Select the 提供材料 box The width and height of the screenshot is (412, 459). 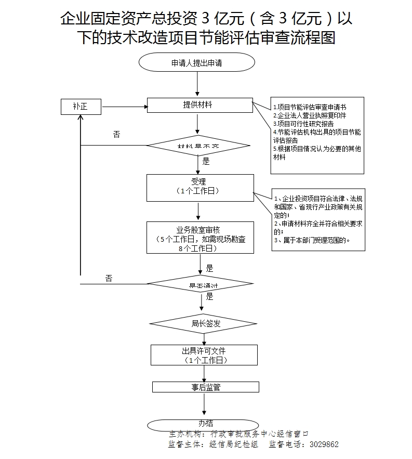[x=200, y=105]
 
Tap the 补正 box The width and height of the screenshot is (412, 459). [x=81, y=107]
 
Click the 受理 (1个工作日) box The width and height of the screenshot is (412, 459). [x=200, y=187]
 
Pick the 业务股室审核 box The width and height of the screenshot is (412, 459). [x=200, y=238]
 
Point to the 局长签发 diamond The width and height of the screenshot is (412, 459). [x=203, y=324]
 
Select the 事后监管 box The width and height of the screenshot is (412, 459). [x=206, y=387]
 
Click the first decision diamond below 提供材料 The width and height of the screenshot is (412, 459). [x=200, y=146]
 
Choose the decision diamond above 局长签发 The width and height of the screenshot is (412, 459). [x=201, y=284]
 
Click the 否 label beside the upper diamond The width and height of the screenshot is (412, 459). [x=116, y=134]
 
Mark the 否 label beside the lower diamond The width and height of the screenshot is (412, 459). [x=109, y=278]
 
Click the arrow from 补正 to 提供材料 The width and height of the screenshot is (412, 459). [x=124, y=107]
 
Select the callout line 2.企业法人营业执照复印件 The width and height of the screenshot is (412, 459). [x=310, y=115]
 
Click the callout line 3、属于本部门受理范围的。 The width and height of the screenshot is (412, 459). [x=312, y=240]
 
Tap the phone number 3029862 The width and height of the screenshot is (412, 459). [x=324, y=445]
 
